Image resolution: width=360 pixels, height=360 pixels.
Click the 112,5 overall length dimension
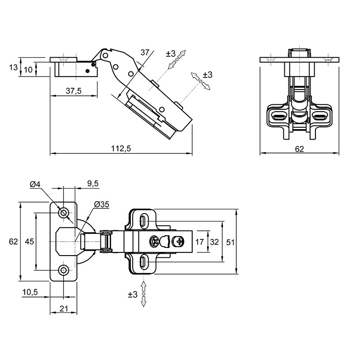click(x=121, y=148)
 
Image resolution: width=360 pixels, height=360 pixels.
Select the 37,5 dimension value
click(x=74, y=91)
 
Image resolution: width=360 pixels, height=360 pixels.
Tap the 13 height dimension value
click(x=13, y=67)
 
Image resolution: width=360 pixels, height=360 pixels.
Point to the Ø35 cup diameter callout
click(x=102, y=204)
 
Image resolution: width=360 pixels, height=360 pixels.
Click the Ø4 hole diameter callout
click(x=35, y=184)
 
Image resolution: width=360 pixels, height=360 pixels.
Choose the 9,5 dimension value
click(x=93, y=184)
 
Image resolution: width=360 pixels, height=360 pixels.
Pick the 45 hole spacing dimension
click(x=29, y=242)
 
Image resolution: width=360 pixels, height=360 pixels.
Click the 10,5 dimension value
click(x=30, y=292)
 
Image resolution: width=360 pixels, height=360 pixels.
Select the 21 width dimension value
click(x=63, y=309)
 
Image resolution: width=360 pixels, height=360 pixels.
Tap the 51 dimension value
click(x=230, y=242)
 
